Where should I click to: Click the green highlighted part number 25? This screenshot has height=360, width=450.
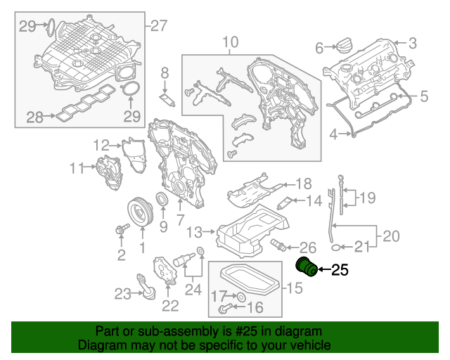click(x=307, y=267)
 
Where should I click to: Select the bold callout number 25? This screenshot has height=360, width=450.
click(x=340, y=270)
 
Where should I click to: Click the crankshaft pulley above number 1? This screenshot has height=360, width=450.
click(x=141, y=212)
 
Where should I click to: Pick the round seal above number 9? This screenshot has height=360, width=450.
click(x=162, y=200)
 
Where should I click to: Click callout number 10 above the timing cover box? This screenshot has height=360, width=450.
click(x=230, y=42)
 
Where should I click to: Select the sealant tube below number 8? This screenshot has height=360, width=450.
click(x=167, y=99)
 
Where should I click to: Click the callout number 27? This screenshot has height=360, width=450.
click(x=159, y=25)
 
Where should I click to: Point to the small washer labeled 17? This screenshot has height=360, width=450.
click(x=241, y=297)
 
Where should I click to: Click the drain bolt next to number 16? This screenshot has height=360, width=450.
click(x=224, y=309)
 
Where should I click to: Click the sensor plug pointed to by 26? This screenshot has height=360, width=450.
click(x=278, y=245)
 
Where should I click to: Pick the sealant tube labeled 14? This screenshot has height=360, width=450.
click(x=284, y=203)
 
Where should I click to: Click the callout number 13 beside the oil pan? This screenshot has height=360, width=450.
click(x=194, y=232)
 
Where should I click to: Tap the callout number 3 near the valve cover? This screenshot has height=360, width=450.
click(x=412, y=44)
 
